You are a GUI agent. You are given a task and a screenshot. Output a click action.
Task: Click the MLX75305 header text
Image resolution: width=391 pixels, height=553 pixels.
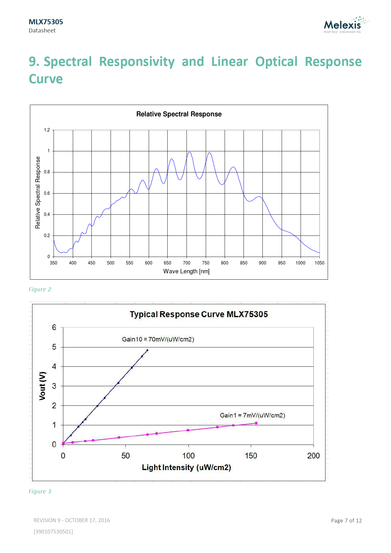click(x=46, y=22)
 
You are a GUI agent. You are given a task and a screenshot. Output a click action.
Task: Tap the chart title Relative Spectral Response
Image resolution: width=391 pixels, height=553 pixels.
click(x=179, y=114)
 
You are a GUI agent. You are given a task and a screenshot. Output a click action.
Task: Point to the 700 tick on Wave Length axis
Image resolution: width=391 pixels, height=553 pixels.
click(x=187, y=263)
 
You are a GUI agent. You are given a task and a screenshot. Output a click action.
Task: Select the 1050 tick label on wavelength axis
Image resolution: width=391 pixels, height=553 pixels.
click(x=319, y=263)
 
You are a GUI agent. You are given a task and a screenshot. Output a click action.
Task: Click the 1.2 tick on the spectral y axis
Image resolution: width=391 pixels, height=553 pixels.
click(x=47, y=130)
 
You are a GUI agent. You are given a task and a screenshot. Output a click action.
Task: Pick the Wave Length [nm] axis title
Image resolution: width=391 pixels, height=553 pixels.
click(x=186, y=271)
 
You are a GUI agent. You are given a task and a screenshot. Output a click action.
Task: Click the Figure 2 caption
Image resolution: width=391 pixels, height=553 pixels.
click(x=40, y=289)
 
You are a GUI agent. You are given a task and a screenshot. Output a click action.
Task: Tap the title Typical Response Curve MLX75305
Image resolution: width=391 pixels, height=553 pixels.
click(x=199, y=314)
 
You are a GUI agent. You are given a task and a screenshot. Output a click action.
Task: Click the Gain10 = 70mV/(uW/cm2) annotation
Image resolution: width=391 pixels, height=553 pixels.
click(x=158, y=339)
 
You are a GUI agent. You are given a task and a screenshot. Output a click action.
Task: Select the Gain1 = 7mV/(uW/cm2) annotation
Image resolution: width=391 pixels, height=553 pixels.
click(x=252, y=415)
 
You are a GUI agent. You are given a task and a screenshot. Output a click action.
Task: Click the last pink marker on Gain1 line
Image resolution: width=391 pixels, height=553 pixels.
click(x=256, y=423)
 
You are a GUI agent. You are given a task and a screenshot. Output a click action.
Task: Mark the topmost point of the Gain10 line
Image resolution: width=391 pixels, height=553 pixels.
click(x=147, y=350)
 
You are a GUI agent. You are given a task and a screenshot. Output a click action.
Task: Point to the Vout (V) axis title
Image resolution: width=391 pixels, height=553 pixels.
click(x=43, y=386)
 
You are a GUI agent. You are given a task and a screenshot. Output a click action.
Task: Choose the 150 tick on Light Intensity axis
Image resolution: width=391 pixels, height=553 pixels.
click(x=251, y=456)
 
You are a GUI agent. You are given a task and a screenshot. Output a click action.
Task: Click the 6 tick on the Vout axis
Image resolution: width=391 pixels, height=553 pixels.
click(x=54, y=328)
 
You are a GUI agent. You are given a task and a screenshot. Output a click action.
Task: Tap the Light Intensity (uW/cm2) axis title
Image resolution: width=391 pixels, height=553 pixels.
click(x=186, y=467)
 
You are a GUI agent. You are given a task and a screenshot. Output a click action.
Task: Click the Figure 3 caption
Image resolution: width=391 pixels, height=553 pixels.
click(x=40, y=492)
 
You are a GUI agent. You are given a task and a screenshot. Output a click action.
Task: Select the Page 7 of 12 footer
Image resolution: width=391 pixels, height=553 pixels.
click(x=346, y=521)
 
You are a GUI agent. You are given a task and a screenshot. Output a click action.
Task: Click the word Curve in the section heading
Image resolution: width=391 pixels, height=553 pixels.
click(x=46, y=79)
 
